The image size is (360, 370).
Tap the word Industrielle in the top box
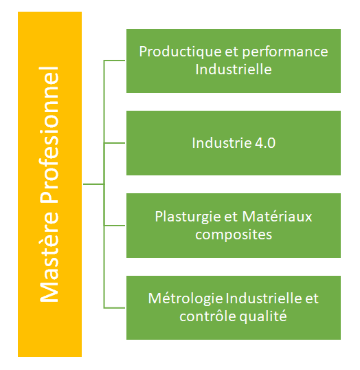pyautogui.click(x=234, y=69)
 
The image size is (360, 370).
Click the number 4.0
pyautogui.click(x=265, y=143)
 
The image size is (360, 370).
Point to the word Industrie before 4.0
pyautogui.click(x=222, y=143)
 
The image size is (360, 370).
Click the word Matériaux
pyautogui.click(x=277, y=217)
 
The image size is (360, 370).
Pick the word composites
pyautogui.click(x=234, y=235)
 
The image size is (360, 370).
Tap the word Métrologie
pyautogui.click(x=185, y=299)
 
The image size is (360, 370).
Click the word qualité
pyautogui.click(x=263, y=317)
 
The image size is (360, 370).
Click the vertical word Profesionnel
pyautogui.click(x=49, y=135)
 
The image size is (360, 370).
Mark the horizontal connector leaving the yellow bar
pyautogui.click(x=93, y=184)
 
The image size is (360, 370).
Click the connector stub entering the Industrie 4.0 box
pyautogui.click(x=115, y=143)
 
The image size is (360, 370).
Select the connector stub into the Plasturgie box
pyautogui.click(x=115, y=226)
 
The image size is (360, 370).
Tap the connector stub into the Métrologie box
pyautogui.click(x=115, y=308)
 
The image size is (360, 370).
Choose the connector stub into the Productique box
pyautogui.click(x=115, y=61)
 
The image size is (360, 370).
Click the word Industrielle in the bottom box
pyautogui.click(x=264, y=298)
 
